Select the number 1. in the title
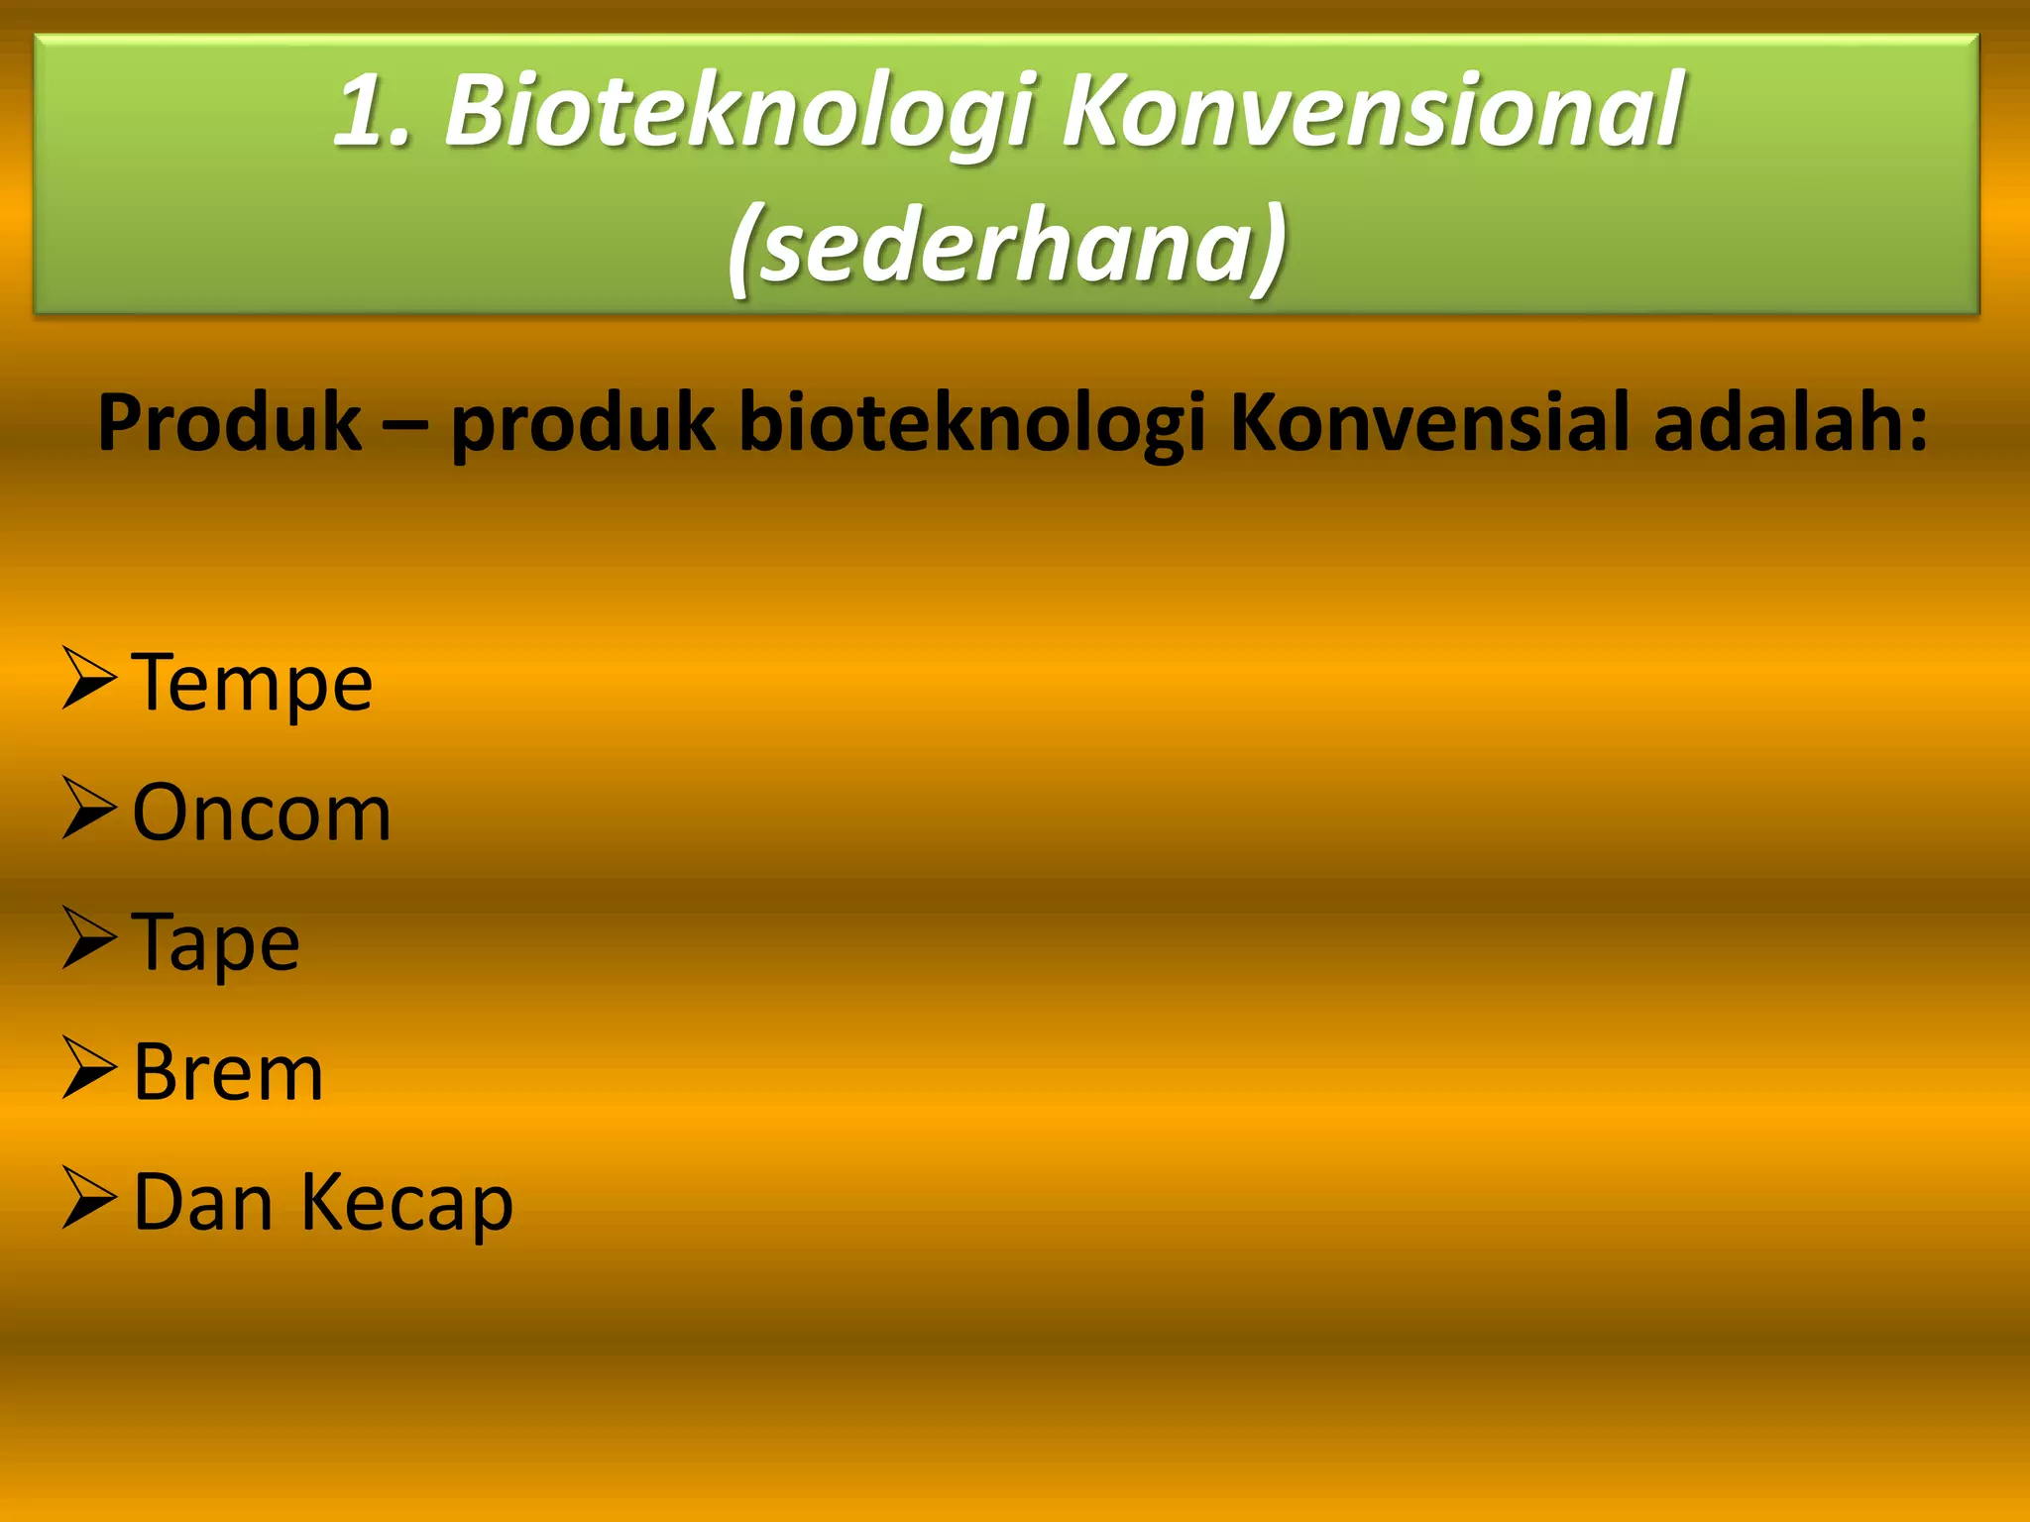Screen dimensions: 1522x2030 373,111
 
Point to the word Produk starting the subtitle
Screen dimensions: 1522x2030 230,424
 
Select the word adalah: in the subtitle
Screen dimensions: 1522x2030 1790,424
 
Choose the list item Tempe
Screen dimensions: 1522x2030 252,684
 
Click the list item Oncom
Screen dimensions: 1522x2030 262,814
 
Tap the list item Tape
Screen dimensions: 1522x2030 215,943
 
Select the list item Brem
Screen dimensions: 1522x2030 228,1073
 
